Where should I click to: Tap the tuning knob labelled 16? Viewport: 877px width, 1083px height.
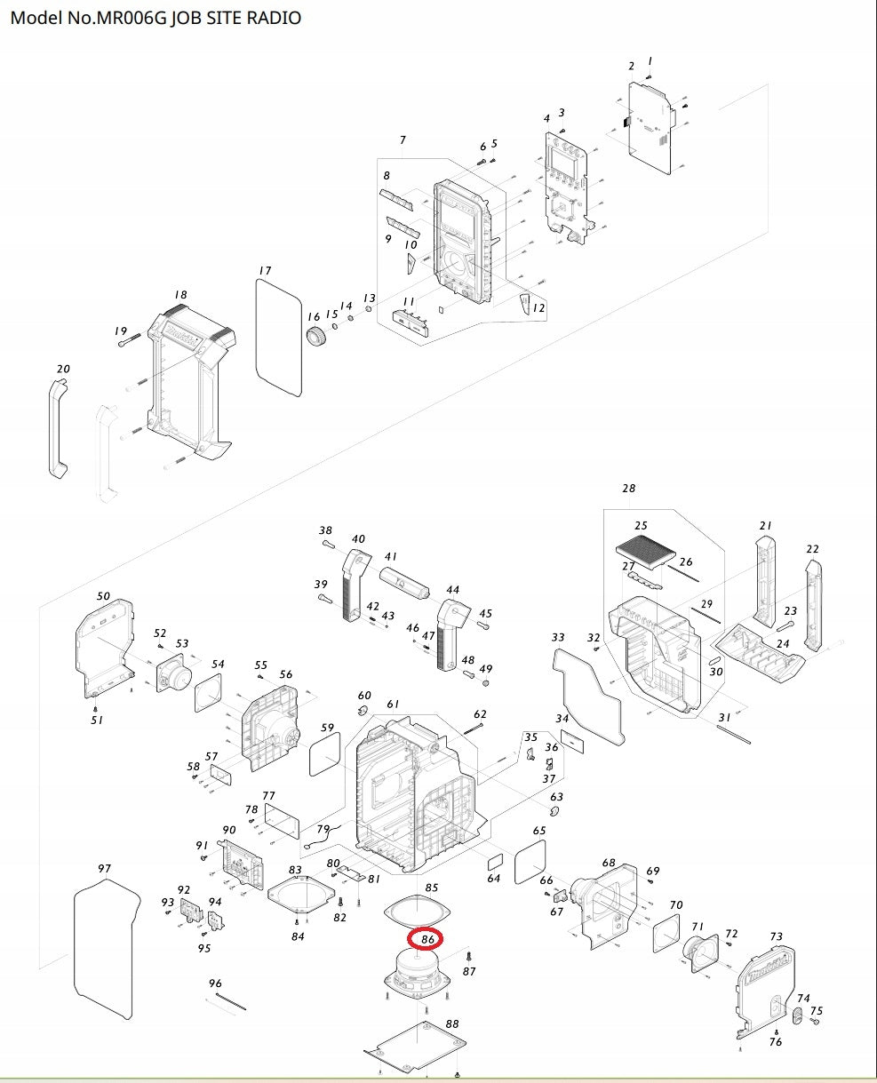click(316, 337)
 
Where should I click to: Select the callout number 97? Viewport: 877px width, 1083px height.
click(104, 868)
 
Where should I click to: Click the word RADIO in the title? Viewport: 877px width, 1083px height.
click(274, 18)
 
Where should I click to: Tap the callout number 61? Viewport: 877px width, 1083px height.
click(393, 705)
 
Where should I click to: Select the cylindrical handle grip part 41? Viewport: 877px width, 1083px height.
click(404, 582)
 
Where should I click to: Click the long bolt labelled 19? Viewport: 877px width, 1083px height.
click(129, 339)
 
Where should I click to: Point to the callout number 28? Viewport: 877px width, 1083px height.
click(629, 488)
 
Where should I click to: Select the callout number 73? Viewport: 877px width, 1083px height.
click(777, 936)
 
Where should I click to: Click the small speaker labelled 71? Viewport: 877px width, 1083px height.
click(700, 953)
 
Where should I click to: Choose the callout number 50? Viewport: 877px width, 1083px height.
click(103, 596)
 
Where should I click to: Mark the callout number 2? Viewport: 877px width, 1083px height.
click(632, 66)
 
